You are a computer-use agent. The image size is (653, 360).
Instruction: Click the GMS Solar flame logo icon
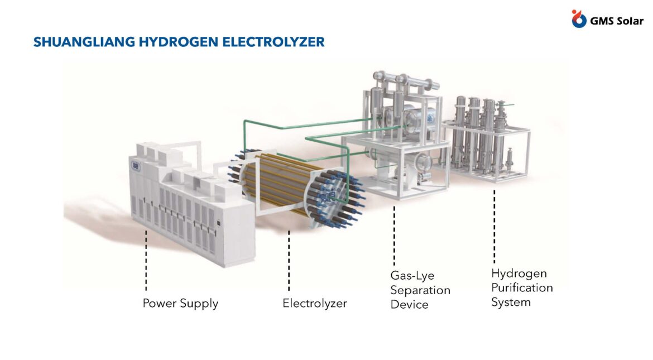pos(578,19)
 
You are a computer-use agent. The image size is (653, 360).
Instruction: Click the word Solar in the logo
pos(628,21)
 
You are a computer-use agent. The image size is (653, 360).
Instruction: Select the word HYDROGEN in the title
pos(179,42)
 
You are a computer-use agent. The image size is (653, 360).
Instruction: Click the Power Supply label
pos(180,303)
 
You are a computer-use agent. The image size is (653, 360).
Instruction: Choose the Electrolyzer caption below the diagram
pos(314,303)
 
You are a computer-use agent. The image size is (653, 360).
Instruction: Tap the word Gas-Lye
pos(412,276)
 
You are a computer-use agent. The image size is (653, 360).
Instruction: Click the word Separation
pos(420,290)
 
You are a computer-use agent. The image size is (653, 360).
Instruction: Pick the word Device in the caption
pos(409,305)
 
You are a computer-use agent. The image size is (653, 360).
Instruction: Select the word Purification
pos(522,288)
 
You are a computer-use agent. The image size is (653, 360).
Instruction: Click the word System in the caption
pos(511,302)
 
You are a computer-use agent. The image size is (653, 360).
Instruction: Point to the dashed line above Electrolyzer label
pos(289,261)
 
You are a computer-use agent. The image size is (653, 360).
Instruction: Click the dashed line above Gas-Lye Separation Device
pos(395,236)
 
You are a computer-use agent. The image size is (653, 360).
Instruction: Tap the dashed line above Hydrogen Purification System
pos(494,227)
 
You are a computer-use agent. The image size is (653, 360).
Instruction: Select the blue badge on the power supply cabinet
pos(136,166)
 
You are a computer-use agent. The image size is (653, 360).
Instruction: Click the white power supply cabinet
pos(191,204)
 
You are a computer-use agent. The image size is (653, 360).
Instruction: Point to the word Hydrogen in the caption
pos(519,273)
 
